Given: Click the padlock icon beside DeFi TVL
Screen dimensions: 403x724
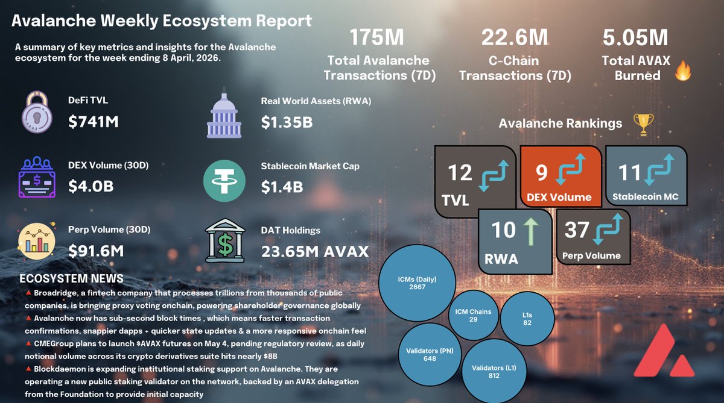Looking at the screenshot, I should point(38,112).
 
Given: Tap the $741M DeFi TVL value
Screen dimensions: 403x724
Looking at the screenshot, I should point(94,122).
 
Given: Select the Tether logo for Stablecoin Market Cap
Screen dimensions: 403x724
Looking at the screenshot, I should point(224,181).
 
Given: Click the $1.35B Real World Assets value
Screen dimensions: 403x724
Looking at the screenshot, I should point(287,122).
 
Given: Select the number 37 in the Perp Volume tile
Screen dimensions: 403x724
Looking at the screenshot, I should point(577,230).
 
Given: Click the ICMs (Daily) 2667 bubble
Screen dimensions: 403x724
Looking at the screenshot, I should point(416,283).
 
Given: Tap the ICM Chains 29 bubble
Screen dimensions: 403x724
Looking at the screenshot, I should point(473,315).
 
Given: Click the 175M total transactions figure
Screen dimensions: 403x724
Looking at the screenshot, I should point(376,38).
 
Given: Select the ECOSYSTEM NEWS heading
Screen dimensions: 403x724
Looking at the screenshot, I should point(71,279).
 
